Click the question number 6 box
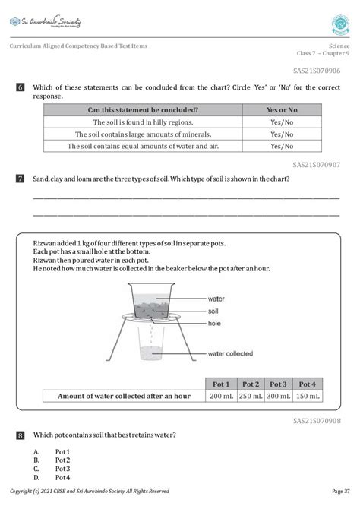pos(21,89)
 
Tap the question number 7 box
pos(21,179)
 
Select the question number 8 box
pos(21,435)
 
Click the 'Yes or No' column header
pos(282,110)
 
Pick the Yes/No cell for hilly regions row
pos(282,122)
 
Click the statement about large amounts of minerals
pos(143,134)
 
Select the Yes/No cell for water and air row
pos(282,147)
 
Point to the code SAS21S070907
pos(316,164)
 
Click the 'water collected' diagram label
pos(230,353)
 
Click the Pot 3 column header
pos(279,384)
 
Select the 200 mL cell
pos(222,396)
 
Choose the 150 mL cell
pos(308,396)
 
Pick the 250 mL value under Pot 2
pos(250,396)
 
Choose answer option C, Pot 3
pos(62,469)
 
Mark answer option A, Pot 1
pos(62,451)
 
